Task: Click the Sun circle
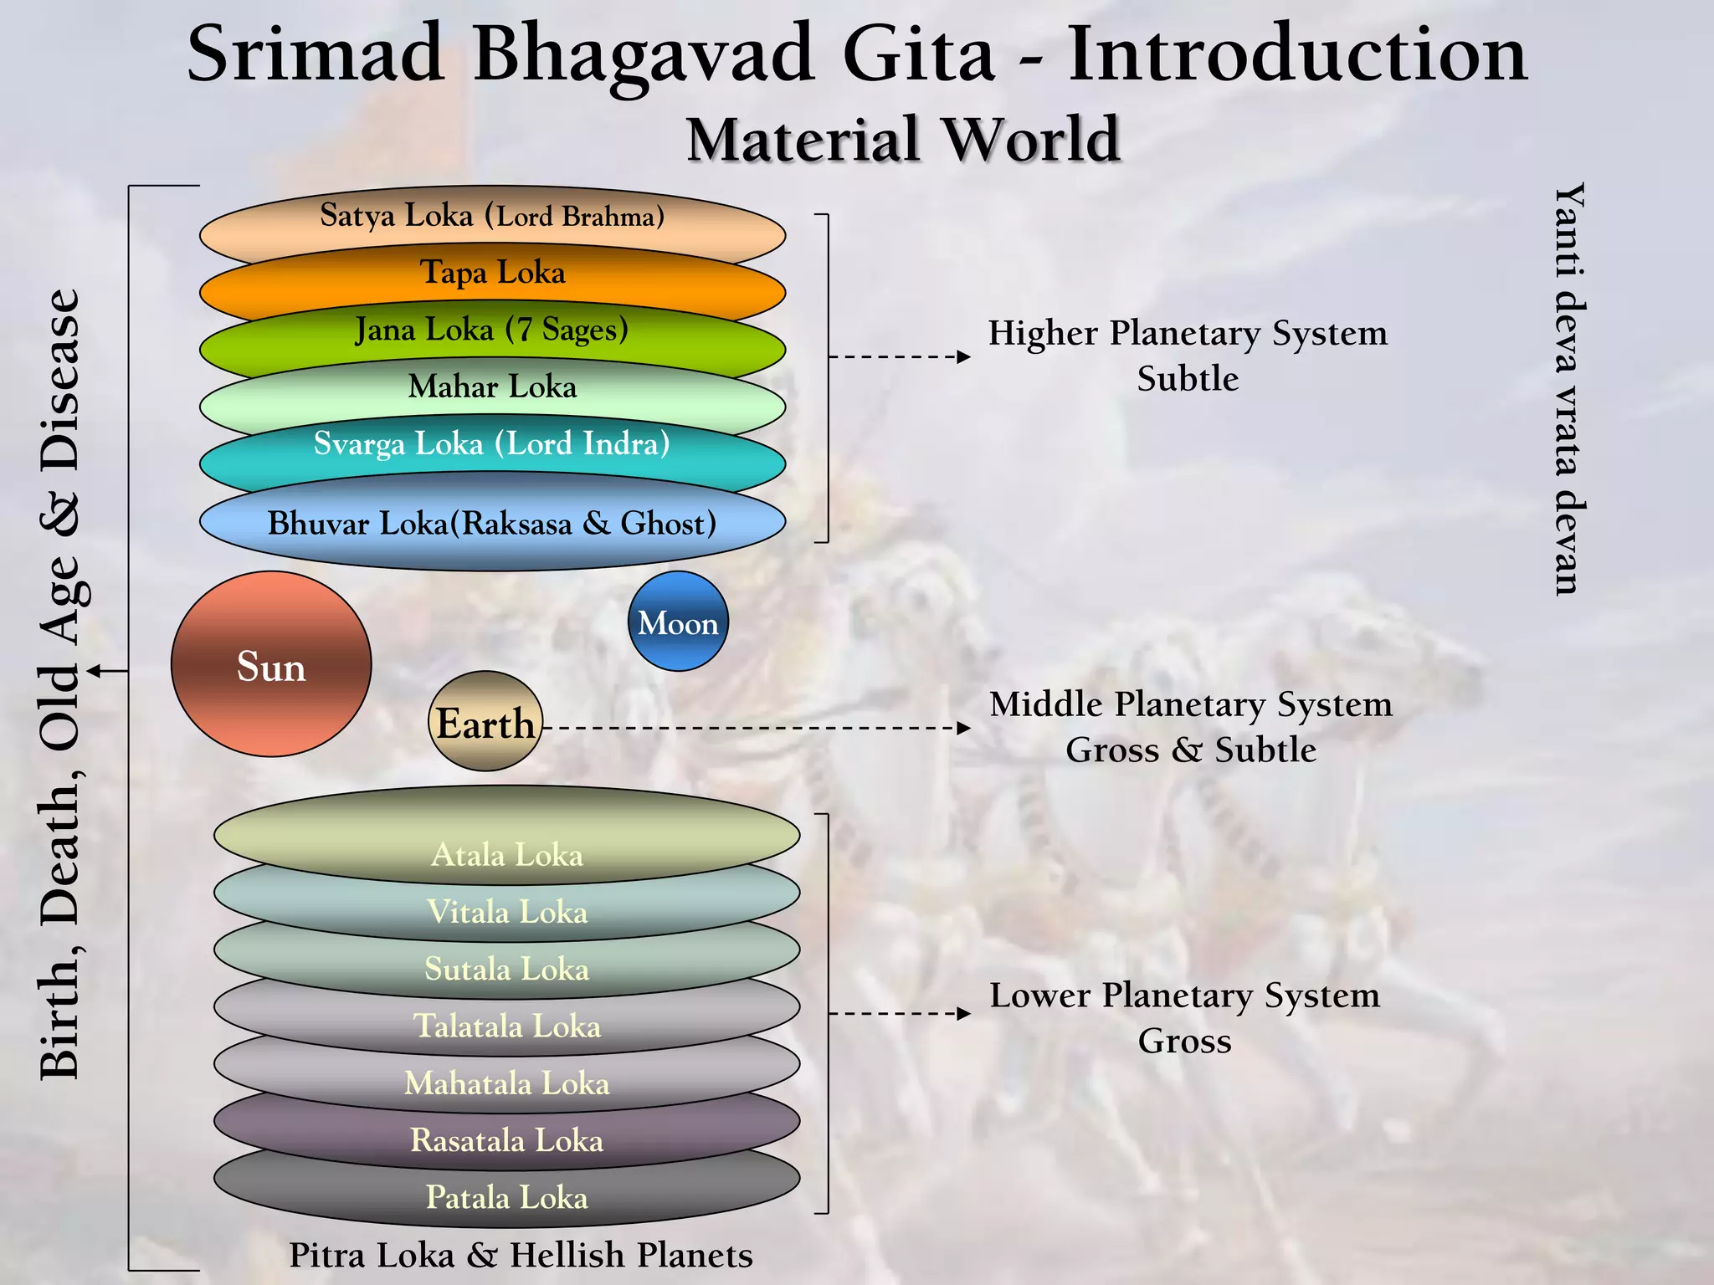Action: point(270,664)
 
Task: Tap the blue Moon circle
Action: point(678,622)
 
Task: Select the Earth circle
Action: point(485,722)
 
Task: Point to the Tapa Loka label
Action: point(492,273)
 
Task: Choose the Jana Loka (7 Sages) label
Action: point(492,330)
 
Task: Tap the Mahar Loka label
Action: point(492,387)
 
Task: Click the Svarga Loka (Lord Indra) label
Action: point(492,443)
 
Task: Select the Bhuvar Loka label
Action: point(492,524)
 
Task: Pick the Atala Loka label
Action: point(506,855)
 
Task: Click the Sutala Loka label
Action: point(506,969)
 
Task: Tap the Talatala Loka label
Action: point(506,1026)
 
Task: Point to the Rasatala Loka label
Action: point(506,1140)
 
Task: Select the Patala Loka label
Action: point(506,1197)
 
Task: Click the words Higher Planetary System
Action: point(1187,333)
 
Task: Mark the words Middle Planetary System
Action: point(1190,704)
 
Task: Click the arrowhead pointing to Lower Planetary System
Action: point(964,1014)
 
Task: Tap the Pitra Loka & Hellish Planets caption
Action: point(521,1255)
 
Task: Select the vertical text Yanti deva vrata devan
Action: point(1568,389)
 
